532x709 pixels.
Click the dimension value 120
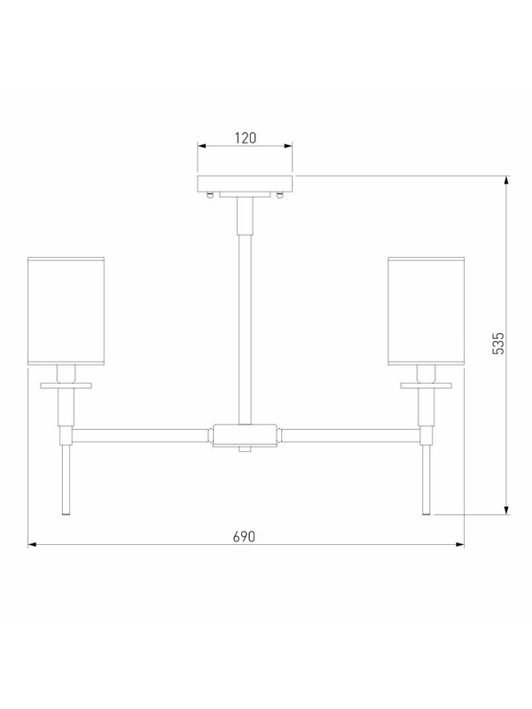pos(246,137)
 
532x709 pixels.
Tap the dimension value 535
pos(497,344)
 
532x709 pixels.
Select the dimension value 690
pos(245,536)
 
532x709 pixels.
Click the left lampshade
pos(66,311)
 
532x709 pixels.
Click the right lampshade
pos(426,311)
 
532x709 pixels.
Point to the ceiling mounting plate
pos(245,183)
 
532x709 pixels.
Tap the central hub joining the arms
pos(245,435)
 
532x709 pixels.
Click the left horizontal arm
pos(141,436)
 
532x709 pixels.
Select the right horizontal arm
pos(349,436)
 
